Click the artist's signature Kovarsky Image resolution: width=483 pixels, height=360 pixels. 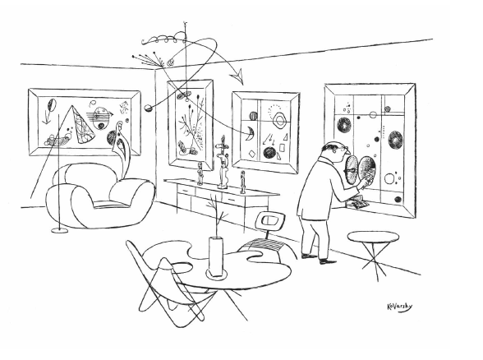click(x=399, y=307)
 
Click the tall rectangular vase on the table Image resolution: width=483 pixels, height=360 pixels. click(x=216, y=256)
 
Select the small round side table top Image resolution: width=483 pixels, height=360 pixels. click(x=373, y=238)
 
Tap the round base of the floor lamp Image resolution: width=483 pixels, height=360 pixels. click(x=59, y=230)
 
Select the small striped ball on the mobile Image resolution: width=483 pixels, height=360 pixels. click(x=148, y=108)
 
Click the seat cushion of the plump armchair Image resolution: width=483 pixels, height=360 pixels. click(x=110, y=204)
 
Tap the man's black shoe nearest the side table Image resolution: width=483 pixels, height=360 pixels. click(x=327, y=261)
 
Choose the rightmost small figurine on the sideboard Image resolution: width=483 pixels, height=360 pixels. click(x=243, y=182)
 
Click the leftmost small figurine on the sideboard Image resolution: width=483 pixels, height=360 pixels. click(x=200, y=174)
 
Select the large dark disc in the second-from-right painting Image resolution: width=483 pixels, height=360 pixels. click(x=269, y=153)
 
